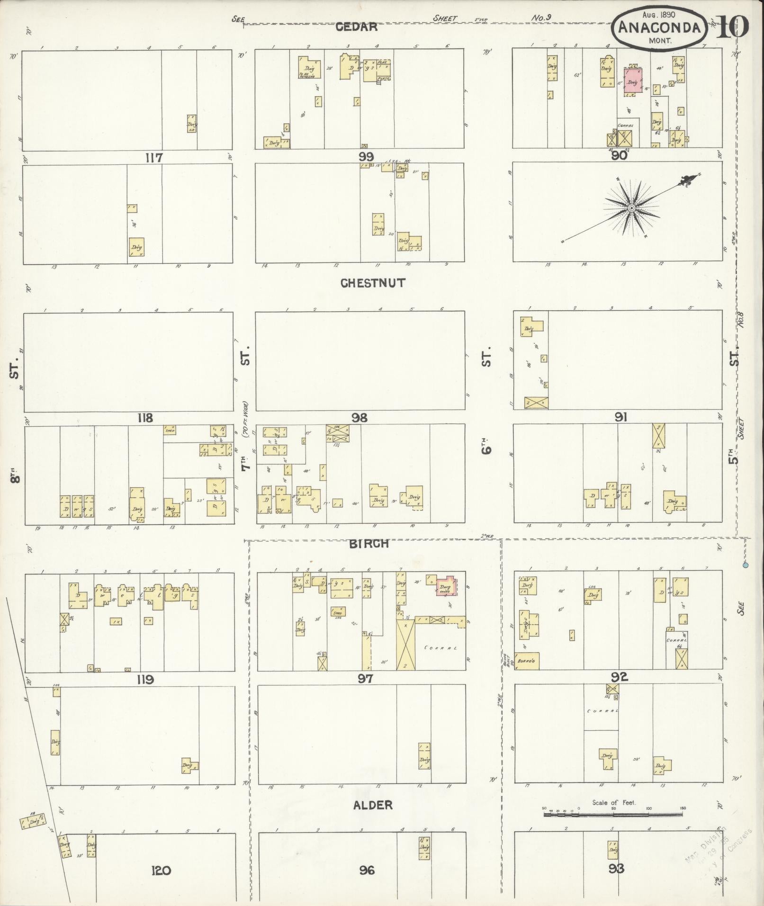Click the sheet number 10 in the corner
click(732, 27)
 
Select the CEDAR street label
click(357, 27)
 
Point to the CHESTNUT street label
click(373, 283)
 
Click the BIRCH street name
click(369, 544)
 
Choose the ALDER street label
click(373, 805)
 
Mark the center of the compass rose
click(631, 208)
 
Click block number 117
click(155, 158)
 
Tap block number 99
click(366, 157)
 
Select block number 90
click(619, 156)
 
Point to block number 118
click(145, 418)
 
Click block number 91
click(621, 417)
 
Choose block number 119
click(145, 680)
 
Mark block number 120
click(161, 870)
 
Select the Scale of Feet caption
click(614, 803)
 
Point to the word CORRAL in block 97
click(441, 648)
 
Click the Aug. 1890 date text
click(659, 15)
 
